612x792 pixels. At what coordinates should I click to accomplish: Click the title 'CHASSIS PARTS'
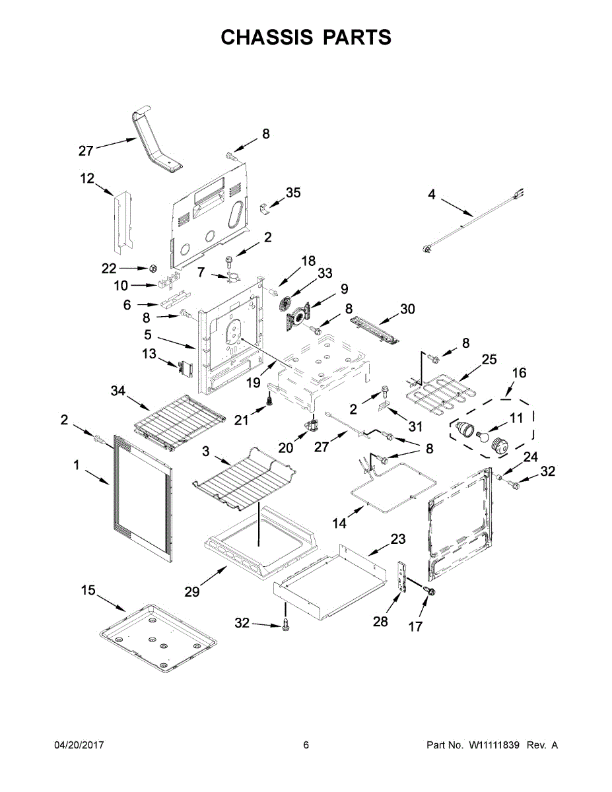pos(306,38)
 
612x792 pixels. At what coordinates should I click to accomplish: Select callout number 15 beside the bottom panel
pos(88,589)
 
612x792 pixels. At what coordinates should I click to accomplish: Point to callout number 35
pos(293,193)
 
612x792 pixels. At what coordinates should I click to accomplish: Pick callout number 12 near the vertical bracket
pos(87,178)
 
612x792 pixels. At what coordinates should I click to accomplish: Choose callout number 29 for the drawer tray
pos(191,591)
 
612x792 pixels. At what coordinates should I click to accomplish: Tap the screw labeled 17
pos(429,593)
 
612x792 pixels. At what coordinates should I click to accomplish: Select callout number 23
pos(397,539)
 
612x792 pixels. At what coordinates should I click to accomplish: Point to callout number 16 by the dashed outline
pos(519,373)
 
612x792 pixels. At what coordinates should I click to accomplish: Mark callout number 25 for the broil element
pos(489,360)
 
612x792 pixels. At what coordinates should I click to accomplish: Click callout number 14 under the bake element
pos(339,523)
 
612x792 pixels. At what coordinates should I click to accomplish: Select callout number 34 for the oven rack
pos(118,392)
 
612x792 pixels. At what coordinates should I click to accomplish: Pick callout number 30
pos(407,308)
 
